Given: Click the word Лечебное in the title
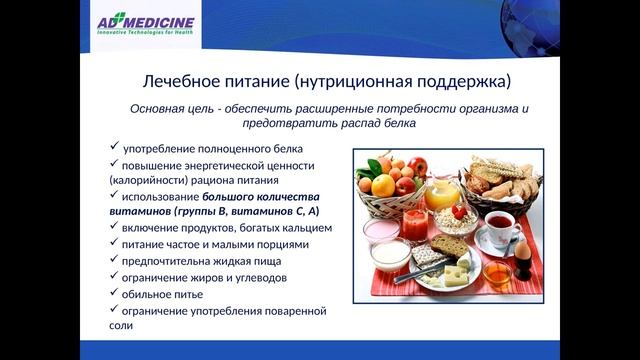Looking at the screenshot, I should click(171, 79).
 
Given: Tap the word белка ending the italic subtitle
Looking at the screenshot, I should click(398, 123).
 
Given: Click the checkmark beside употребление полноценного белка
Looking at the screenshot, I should click(114, 147).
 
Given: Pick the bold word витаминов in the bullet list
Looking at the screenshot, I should click(139, 212).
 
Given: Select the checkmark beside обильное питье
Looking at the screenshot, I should click(114, 293).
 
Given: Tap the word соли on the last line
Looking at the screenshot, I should click(121, 326).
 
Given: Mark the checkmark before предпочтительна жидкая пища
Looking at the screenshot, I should click(114, 260).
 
